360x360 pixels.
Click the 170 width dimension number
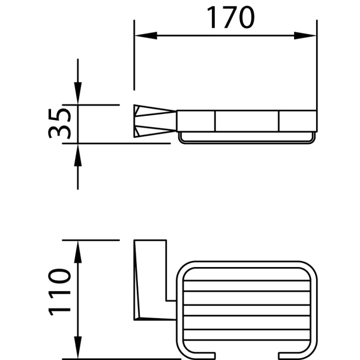coord(231,18)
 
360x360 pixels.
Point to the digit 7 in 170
coord(231,18)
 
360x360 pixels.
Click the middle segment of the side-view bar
coord(247,121)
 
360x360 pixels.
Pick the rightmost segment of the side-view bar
coord(298,121)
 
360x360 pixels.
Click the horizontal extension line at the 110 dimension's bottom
coord(120,358)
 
